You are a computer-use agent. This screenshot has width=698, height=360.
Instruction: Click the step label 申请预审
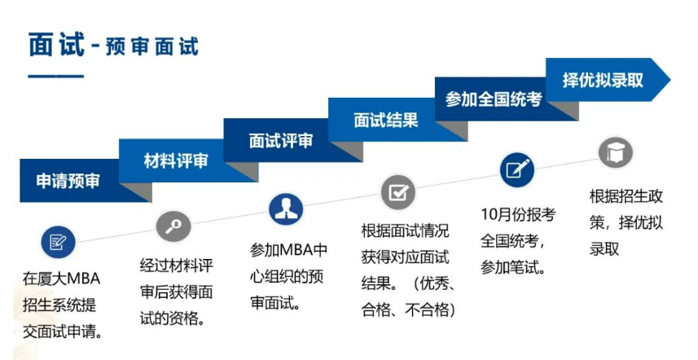[x=68, y=181]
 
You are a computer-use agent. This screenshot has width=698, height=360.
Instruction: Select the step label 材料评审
[x=176, y=160]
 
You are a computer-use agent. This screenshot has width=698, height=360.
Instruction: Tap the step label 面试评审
[x=281, y=141]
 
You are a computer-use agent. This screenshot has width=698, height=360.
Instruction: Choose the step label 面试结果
[x=386, y=121]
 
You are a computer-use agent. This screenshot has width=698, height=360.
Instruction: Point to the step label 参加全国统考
[x=494, y=99]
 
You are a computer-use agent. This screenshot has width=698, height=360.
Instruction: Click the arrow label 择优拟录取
[x=603, y=80]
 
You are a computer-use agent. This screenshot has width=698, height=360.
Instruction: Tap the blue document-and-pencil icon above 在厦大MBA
[x=59, y=242]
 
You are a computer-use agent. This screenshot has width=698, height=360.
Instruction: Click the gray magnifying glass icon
[x=173, y=226]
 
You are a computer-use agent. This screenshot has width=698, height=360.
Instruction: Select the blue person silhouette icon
[x=286, y=209]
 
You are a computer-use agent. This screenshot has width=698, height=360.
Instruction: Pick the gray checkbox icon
[x=398, y=192]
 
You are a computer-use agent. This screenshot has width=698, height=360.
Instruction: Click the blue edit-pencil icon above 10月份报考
[x=516, y=170]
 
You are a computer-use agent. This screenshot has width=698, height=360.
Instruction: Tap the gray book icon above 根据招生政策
[x=615, y=152]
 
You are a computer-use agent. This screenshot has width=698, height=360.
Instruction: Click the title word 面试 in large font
[x=56, y=45]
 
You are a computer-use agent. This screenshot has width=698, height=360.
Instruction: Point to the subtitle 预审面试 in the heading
[x=151, y=46]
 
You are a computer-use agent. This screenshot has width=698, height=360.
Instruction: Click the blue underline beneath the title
[x=56, y=76]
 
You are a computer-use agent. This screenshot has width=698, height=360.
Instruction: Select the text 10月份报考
[x=518, y=214]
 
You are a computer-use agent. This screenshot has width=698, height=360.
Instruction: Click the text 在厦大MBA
[x=61, y=279]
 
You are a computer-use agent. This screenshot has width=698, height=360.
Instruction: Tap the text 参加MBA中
[x=288, y=250]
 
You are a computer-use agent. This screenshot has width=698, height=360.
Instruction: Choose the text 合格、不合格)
[x=409, y=310]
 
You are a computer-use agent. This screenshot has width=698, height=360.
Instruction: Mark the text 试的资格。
[x=173, y=318]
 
